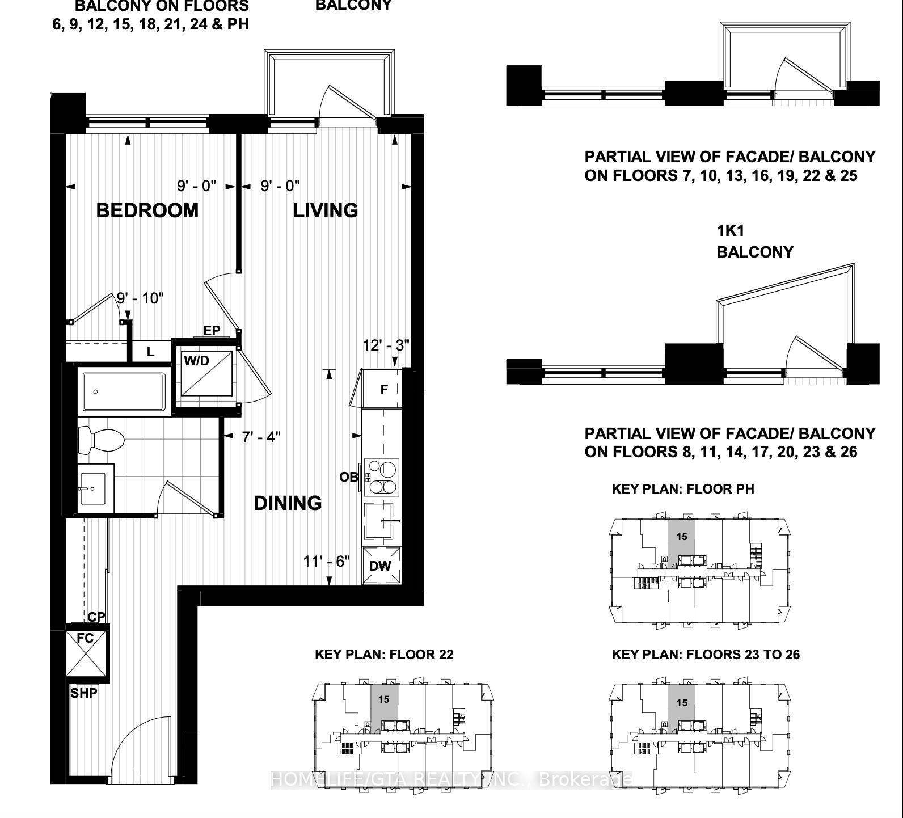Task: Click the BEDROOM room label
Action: point(147,210)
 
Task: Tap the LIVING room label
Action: point(325,210)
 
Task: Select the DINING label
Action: point(288,503)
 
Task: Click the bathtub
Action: point(124,391)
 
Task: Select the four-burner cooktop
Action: point(382,477)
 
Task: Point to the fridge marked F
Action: point(384,390)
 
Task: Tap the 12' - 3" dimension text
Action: point(386,345)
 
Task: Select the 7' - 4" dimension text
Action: point(261,437)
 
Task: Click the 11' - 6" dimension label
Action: point(326,562)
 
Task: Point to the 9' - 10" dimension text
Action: point(140,298)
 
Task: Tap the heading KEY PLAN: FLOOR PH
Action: point(682,489)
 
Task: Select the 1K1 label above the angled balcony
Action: point(730,231)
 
